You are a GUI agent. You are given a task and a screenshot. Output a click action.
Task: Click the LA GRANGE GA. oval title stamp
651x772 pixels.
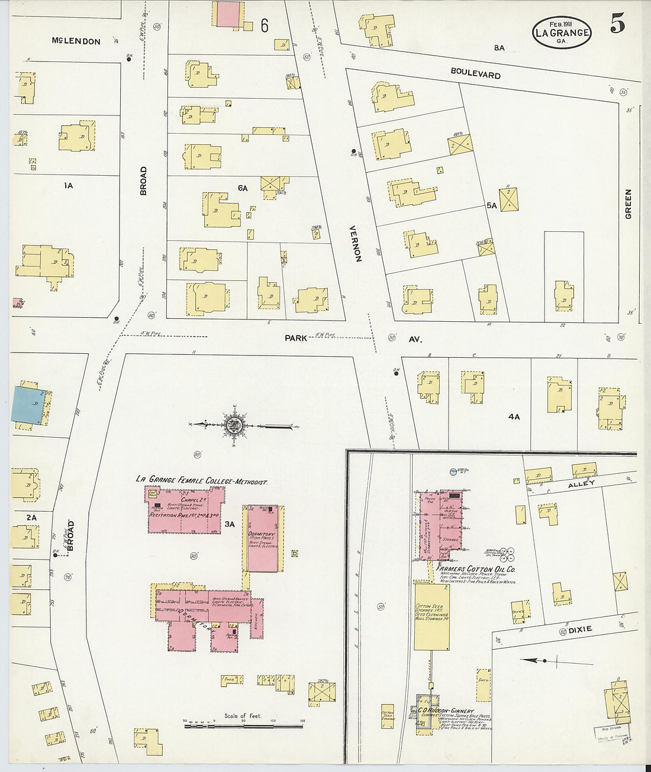(562, 32)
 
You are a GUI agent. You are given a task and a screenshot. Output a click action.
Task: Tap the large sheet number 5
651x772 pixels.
(617, 23)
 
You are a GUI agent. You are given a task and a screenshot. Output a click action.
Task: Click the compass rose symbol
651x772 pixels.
(236, 424)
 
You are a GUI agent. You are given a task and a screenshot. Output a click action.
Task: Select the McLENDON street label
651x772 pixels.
(76, 41)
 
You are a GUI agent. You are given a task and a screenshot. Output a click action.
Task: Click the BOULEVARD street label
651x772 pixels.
(475, 73)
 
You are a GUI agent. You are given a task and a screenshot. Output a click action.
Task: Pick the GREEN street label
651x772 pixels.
(628, 204)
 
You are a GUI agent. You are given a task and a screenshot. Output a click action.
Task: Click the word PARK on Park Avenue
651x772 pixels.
(296, 338)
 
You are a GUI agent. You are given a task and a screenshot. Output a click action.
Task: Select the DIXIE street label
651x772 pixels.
(580, 629)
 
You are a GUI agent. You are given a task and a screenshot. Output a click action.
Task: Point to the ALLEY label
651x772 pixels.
(581, 484)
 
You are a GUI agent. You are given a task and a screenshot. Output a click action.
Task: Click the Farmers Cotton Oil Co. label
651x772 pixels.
(476, 569)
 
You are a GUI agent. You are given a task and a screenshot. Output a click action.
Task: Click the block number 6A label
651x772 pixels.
(243, 188)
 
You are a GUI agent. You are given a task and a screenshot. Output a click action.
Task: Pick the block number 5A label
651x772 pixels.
(491, 205)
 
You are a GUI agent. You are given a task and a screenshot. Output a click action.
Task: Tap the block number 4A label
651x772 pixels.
(514, 416)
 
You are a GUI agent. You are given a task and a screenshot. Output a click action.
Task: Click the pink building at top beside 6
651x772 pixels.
(227, 14)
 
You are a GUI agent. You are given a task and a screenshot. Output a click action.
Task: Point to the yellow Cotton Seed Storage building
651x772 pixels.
(431, 616)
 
